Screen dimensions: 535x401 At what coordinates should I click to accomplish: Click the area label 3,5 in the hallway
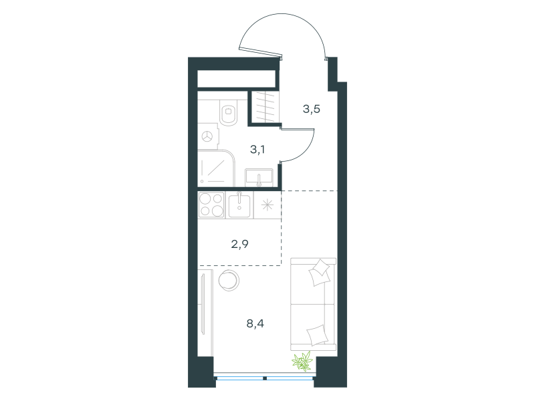pos(311,109)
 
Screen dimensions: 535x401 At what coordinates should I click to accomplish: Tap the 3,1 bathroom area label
pos(257,149)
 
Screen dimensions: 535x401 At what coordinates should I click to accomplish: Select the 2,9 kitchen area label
pos(240,244)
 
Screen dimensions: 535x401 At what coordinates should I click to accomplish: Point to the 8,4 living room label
pos(255,323)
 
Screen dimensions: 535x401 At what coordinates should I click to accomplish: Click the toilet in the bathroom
pos(229,112)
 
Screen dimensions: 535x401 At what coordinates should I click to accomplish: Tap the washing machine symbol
pos(208,136)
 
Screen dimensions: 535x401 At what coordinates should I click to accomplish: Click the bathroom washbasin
pos(259,178)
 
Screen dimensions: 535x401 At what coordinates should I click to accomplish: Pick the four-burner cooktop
pos(211,205)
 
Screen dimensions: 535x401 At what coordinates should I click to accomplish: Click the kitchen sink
pos(239,205)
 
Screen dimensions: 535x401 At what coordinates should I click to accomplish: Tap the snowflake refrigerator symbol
pos(267,205)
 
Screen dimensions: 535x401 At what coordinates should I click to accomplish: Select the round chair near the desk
pos(229,280)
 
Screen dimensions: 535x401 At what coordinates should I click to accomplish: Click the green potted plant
pos(302,361)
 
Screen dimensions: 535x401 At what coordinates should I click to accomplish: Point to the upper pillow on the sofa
pos(320,273)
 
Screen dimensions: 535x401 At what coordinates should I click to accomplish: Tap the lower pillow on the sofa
pos(317,335)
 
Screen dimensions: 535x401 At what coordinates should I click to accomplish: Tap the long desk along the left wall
pos(205,313)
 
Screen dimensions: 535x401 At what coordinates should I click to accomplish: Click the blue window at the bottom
pos(264,378)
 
